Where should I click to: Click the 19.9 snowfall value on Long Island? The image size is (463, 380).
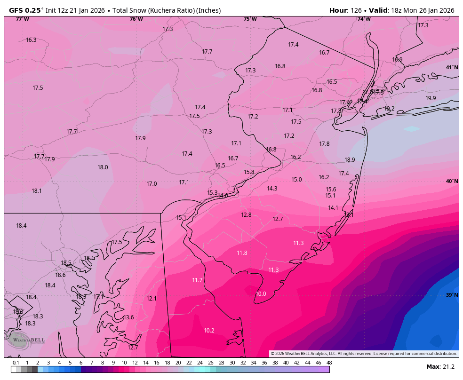(431, 98)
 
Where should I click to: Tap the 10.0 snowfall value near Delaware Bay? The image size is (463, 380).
(261, 294)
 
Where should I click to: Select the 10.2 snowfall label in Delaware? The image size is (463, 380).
(209, 331)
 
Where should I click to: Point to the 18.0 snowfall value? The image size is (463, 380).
(103, 167)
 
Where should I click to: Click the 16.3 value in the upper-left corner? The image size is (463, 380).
(31, 40)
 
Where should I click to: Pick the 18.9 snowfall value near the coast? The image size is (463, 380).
(350, 160)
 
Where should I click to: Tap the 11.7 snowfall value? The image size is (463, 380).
(197, 280)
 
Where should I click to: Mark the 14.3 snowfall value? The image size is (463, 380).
(272, 189)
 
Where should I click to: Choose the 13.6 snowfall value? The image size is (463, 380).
(128, 317)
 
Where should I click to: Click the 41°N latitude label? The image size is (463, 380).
(452, 68)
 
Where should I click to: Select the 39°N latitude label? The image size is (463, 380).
(452, 295)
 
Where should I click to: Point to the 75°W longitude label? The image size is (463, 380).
(250, 19)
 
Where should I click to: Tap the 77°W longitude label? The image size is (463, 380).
(22, 19)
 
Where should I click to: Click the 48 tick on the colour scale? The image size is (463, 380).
(329, 363)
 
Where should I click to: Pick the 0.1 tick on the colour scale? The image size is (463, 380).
(16, 363)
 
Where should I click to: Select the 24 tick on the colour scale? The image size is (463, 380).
(200, 363)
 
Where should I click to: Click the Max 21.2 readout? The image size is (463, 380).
(440, 367)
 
